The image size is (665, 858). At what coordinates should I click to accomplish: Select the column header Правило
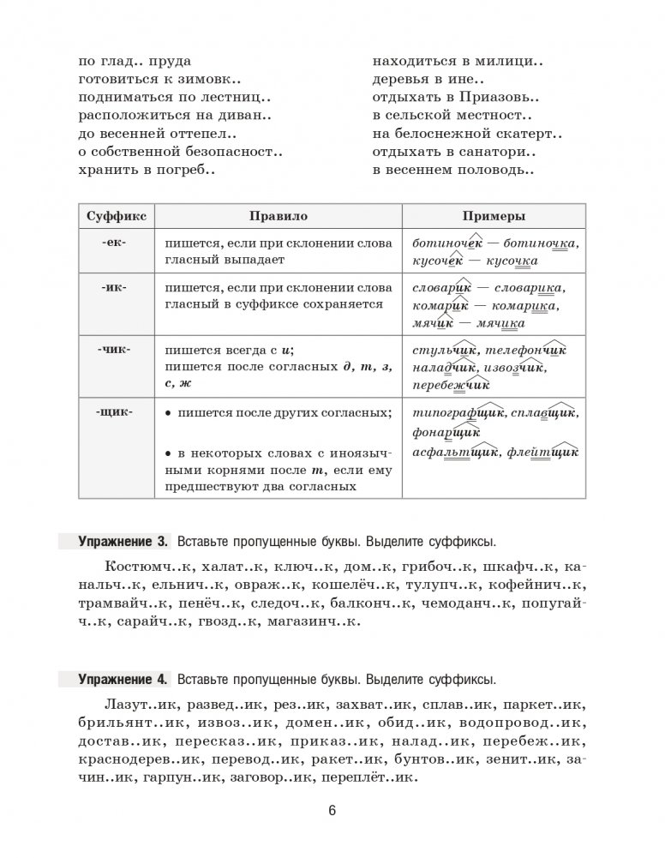click(x=278, y=218)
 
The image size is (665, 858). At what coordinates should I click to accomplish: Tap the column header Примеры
click(x=493, y=218)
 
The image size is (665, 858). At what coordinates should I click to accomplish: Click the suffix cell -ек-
click(x=113, y=243)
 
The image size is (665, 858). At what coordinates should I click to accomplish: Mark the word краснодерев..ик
click(x=141, y=759)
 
